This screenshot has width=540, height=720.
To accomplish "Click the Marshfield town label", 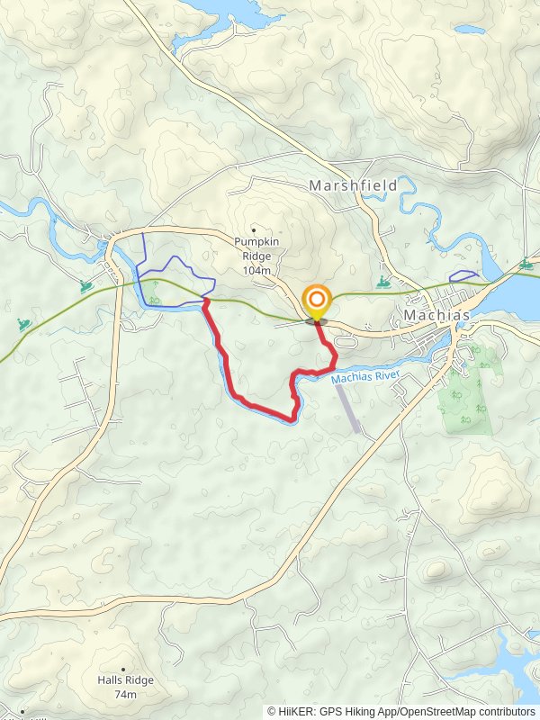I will coord(352,184).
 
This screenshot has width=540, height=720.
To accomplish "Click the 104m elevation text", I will coord(256,270).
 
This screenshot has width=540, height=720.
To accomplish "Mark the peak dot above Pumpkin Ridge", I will coord(254,229).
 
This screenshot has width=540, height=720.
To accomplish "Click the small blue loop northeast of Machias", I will coord(463,276).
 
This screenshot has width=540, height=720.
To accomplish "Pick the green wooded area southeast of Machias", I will coord(466,389).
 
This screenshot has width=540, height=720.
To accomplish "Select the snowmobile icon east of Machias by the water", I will coord(524,265).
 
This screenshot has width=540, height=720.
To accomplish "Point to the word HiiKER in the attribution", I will coord(298,711).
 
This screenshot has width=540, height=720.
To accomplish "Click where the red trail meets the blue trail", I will coord(206,301).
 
